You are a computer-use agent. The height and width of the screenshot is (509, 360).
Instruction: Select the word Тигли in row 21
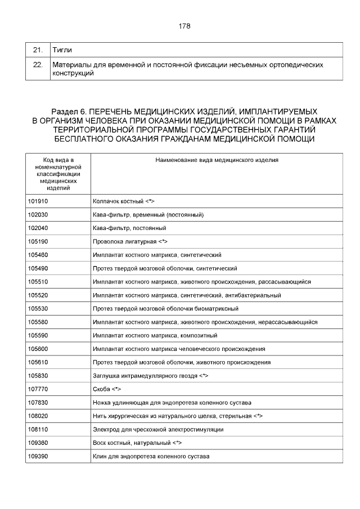pos(62,51)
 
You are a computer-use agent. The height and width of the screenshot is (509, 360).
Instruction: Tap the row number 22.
pos(38,65)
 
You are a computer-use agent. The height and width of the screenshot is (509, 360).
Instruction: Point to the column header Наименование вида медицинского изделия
pos(217,160)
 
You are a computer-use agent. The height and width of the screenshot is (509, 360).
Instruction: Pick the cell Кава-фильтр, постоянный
pos(129,228)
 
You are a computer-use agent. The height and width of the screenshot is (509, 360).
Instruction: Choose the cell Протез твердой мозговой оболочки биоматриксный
pos(165,308)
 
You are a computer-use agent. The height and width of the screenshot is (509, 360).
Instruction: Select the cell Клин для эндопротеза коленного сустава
pos(151,456)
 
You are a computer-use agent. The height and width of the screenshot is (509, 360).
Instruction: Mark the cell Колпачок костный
pos(123,201)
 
